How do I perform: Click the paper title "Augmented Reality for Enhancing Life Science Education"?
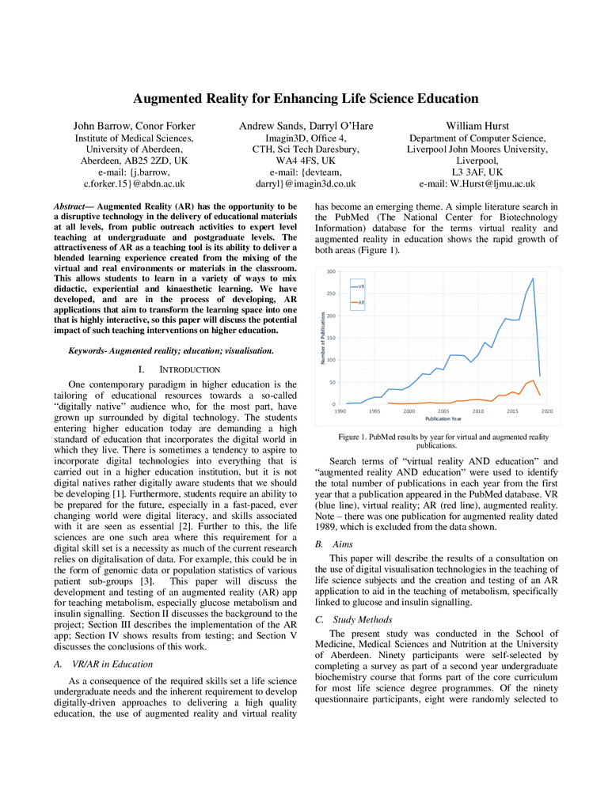coord(306,99)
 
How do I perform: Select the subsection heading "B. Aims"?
coord(335,544)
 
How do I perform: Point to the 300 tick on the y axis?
coord(331,271)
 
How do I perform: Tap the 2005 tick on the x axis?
coord(443,411)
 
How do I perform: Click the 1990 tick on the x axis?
coord(340,411)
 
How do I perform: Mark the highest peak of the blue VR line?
coord(533,278)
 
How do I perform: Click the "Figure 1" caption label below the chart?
coord(355,437)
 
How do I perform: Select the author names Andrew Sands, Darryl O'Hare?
coord(306,126)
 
